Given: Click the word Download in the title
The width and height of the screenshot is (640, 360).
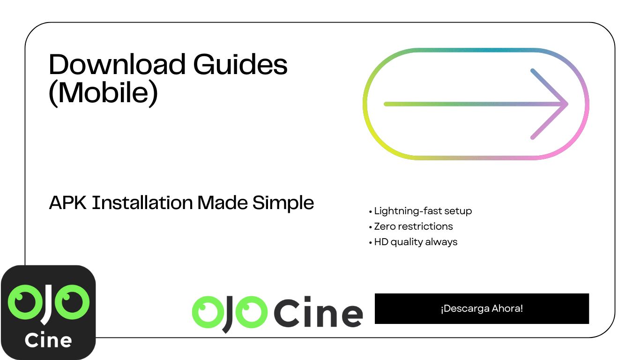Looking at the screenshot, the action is point(117,64).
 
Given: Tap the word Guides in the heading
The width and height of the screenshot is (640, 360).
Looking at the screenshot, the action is point(240,64).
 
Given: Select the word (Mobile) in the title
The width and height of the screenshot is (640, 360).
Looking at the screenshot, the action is point(103,93).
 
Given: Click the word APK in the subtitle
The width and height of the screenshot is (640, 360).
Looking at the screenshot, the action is point(68,202).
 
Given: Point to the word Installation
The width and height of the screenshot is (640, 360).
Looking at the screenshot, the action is point(142,202).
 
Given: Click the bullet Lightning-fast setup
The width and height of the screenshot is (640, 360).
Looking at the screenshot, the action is point(420,211).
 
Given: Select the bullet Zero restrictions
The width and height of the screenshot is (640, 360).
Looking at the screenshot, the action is point(411,226).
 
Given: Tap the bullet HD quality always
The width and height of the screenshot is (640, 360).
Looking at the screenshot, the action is point(413,242).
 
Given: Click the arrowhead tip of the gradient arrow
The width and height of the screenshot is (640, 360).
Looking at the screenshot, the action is point(567,104).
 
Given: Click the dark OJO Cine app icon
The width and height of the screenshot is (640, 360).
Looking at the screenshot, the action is point(48,312).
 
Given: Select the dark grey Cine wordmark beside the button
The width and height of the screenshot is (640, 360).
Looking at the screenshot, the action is point(318,312).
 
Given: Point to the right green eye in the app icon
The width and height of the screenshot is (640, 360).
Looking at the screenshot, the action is point(72,302).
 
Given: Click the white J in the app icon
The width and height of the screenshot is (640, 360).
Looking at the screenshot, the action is point(47,305).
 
